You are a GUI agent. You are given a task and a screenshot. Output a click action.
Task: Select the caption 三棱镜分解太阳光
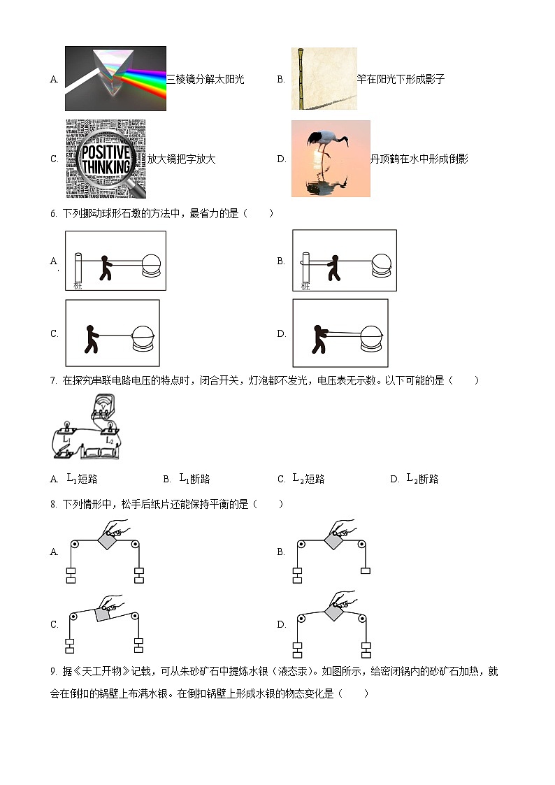(x=205, y=79)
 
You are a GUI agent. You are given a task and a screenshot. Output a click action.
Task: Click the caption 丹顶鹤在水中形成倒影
(x=419, y=159)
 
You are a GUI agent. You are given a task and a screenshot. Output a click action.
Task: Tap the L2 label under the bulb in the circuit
(x=108, y=441)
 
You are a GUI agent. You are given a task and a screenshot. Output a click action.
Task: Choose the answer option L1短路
(x=81, y=479)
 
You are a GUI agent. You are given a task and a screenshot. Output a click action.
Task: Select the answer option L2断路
(x=422, y=479)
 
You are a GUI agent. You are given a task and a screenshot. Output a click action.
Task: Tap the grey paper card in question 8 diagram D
(x=334, y=613)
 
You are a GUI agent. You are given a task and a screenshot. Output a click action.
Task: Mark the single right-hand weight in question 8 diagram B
(x=366, y=570)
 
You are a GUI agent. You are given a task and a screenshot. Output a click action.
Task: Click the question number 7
(x=53, y=381)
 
